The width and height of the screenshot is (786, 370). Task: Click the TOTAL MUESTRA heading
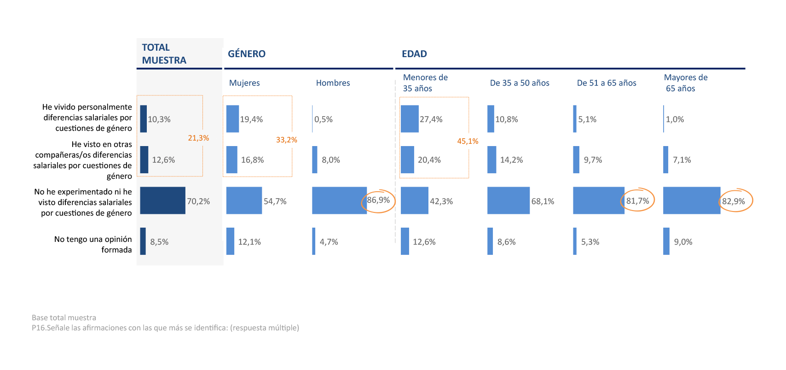[x=164, y=54]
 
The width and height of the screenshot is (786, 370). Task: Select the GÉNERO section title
[x=247, y=54]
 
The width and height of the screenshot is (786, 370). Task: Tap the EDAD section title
[x=414, y=54]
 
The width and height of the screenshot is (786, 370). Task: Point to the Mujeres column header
[x=244, y=83]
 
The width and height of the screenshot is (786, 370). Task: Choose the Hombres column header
[x=333, y=83]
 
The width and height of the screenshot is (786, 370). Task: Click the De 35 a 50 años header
[x=520, y=83]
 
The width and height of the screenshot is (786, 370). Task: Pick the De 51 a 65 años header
[x=607, y=83]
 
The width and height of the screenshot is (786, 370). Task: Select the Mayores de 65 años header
[x=685, y=83]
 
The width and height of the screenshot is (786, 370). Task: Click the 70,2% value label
[x=198, y=201]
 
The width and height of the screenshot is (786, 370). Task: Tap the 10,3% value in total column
[x=159, y=119]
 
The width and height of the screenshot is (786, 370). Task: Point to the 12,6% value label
[x=163, y=160]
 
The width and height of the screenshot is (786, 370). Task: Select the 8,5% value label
[x=159, y=242]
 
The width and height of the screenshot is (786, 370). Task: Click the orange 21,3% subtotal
[x=198, y=138]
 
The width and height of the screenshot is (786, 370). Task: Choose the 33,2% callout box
[x=286, y=140]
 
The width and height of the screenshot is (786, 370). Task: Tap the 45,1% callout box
[x=468, y=141]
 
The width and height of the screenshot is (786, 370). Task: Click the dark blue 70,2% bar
[x=162, y=200]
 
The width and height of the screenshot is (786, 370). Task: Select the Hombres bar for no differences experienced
[x=339, y=200]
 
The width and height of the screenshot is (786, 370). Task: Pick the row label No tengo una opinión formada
[x=93, y=244]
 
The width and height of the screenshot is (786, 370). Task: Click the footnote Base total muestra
[x=64, y=317]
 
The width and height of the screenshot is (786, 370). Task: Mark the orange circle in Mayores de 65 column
[x=735, y=200]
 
